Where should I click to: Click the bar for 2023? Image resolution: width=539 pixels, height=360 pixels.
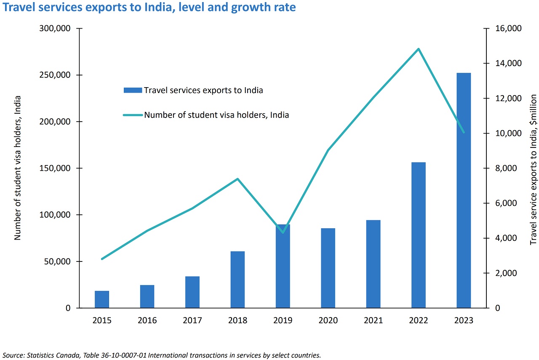tap(464, 190)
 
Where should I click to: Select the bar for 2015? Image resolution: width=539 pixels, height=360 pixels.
tap(102, 299)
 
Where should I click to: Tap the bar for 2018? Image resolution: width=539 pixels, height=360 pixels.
tap(237, 280)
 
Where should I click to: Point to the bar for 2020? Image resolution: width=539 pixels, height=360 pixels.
tap(328, 268)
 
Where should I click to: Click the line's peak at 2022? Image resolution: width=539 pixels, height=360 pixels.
tap(419, 49)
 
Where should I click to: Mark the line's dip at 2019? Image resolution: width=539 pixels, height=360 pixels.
tap(283, 232)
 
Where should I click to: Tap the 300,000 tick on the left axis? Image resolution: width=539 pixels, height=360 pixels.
tap(56, 29)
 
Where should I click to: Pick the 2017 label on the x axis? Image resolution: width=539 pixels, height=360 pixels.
tap(192, 321)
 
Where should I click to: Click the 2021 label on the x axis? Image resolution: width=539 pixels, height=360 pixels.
tap(373, 321)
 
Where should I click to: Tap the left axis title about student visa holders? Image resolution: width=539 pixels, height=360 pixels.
tap(18, 168)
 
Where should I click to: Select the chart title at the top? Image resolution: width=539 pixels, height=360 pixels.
tap(149, 8)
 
